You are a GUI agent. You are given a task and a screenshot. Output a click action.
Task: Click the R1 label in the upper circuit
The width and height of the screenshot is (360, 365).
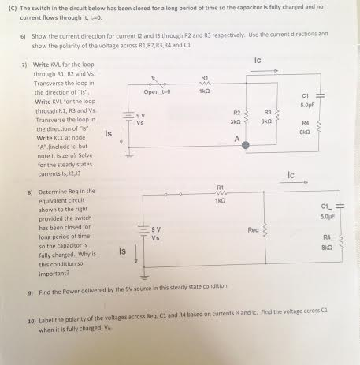point(205,76)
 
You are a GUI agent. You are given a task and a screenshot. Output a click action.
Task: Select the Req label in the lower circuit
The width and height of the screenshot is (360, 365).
point(253,230)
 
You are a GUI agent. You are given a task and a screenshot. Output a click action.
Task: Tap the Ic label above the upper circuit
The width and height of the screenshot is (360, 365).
point(258,60)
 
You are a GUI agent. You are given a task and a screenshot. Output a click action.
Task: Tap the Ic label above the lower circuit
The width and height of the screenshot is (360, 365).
point(291,174)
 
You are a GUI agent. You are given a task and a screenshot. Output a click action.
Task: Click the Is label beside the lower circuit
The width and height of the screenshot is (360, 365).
point(123,251)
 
